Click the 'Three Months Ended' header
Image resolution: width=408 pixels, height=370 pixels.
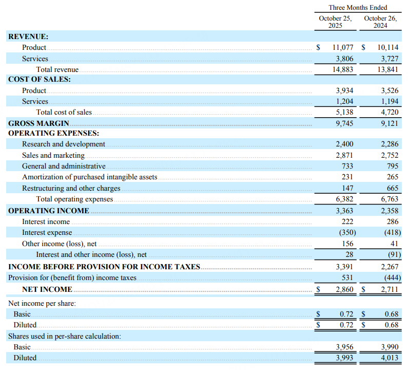tap(358, 8)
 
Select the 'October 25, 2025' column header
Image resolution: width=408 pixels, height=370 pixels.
tap(335, 22)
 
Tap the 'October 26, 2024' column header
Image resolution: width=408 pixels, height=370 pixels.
tap(380, 22)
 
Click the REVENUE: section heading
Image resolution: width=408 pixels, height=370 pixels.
tap(28, 36)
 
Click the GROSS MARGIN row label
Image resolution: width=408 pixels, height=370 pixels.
tap(38, 123)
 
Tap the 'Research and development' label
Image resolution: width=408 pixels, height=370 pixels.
tap(64, 144)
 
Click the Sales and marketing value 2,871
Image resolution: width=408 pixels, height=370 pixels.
tap(344, 155)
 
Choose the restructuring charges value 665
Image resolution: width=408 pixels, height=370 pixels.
tap(393, 188)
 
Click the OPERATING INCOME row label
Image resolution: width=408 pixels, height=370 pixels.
tap(49, 211)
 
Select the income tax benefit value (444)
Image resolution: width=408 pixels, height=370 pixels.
tap(391, 278)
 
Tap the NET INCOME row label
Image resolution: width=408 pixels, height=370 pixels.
tap(47, 289)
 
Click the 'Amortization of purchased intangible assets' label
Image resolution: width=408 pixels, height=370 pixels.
tap(90, 177)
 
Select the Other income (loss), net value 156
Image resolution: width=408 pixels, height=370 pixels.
tap(347, 244)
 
